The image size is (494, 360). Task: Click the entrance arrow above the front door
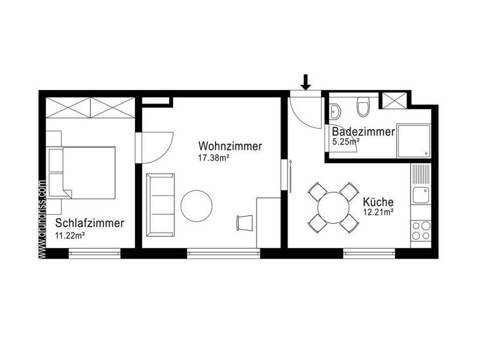[306, 82]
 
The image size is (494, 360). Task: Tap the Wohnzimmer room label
[230, 147]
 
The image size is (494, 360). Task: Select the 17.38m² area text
[215, 157]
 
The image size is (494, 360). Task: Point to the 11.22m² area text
[70, 235]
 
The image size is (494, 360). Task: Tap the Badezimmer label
[363, 132]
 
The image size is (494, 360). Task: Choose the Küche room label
[378, 201]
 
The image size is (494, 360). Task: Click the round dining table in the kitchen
[333, 207]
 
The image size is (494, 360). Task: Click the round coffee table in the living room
[196, 206]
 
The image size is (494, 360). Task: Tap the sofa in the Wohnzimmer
[160, 205]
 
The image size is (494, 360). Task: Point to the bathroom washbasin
[334, 111]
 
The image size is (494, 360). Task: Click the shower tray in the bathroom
[414, 141]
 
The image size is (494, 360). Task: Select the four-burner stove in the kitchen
[421, 230]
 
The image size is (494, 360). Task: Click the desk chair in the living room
[245, 222]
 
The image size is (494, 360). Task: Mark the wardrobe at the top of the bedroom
[90, 107]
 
